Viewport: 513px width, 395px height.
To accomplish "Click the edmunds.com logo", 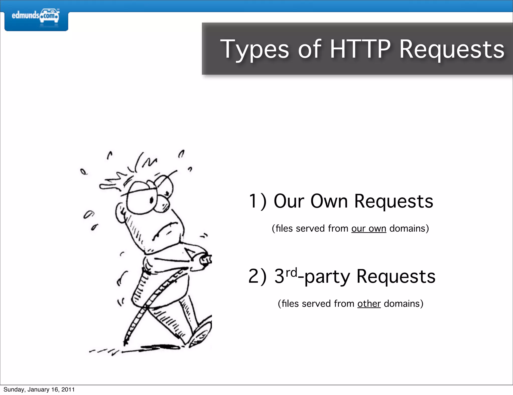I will pyautogui.click(x=36, y=16).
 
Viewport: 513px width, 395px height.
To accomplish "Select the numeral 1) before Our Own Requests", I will pyautogui.click(x=257, y=201).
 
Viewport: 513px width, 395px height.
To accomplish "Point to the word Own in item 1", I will pyautogui.click(x=329, y=201).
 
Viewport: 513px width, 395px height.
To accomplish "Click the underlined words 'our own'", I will pyautogui.click(x=368, y=229).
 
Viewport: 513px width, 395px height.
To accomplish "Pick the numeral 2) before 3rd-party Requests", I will pyautogui.click(x=257, y=276).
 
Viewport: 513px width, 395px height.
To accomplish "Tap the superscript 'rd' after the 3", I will pyautogui.click(x=291, y=272).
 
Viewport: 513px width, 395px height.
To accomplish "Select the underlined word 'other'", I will pyautogui.click(x=369, y=304).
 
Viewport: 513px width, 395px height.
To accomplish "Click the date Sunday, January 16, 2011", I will pyautogui.click(x=39, y=389).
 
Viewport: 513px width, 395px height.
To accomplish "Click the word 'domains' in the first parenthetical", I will pyautogui.click(x=407, y=229).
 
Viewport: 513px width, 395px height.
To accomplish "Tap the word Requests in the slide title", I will pyautogui.click(x=451, y=50).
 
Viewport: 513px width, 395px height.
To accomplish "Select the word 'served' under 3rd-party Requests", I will pyautogui.click(x=316, y=304).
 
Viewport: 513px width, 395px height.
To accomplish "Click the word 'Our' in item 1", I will pyautogui.click(x=289, y=201).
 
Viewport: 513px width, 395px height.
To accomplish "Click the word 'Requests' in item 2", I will pyautogui.click(x=396, y=277).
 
